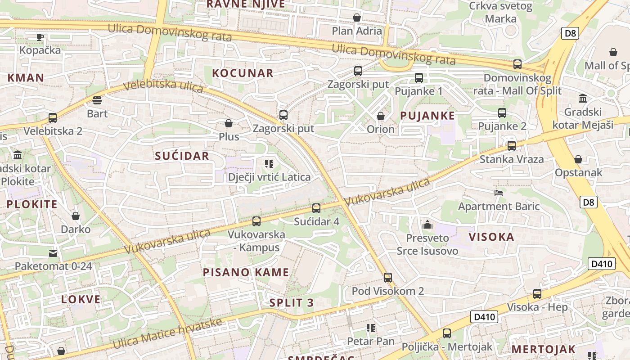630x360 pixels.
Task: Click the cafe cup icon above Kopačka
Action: [40, 36]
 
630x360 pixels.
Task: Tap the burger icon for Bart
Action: [97, 100]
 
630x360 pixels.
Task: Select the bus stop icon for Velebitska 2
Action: [53, 118]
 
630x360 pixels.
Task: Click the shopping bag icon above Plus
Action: [229, 123]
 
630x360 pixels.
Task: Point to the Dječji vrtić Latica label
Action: [269, 177]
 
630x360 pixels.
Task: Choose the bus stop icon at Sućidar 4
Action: [316, 208]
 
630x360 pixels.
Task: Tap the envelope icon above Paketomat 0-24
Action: [53, 253]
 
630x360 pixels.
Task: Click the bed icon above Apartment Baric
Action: [499, 193]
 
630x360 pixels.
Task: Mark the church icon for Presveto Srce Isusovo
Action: [427, 224]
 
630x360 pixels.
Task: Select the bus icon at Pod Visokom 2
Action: [388, 277]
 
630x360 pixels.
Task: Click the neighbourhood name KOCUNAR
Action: [243, 73]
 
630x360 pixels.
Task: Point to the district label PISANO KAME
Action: [246, 272]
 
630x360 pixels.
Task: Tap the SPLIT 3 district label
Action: [292, 302]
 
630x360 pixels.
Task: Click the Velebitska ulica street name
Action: [163, 85]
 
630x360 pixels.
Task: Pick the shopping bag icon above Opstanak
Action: [578, 159]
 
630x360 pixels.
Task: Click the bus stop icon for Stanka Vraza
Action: [512, 145]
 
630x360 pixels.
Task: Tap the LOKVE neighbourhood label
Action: [81, 299]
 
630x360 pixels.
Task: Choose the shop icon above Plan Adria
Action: [357, 18]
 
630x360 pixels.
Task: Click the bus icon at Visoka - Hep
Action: [537, 294]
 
